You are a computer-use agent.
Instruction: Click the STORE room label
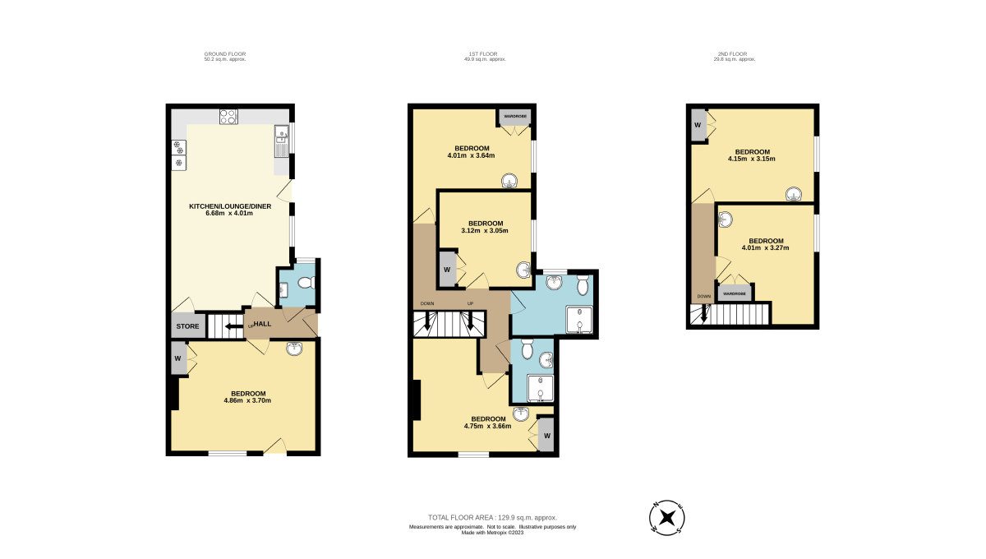(x=187, y=326)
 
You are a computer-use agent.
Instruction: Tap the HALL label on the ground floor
(x=262, y=324)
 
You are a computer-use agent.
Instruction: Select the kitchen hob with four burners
(x=228, y=117)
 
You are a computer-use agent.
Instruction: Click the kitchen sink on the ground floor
(x=281, y=141)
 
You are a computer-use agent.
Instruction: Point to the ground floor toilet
(x=306, y=282)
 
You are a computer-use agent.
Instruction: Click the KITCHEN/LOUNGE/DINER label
(x=230, y=206)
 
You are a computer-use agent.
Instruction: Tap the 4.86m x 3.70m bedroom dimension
(x=247, y=401)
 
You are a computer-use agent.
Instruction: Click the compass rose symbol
(x=667, y=518)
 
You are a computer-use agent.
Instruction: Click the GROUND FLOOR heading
(x=225, y=53)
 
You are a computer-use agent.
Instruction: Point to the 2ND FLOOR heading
(x=732, y=53)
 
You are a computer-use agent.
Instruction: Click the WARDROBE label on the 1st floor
(x=515, y=116)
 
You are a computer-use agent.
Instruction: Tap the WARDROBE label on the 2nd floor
(x=735, y=293)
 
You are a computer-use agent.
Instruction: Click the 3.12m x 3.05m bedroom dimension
(x=485, y=230)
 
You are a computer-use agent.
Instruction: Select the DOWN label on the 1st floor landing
(x=427, y=303)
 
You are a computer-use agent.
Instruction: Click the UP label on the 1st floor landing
(x=470, y=303)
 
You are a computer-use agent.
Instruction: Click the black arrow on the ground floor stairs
(x=234, y=326)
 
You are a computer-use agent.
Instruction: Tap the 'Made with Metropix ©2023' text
(x=492, y=533)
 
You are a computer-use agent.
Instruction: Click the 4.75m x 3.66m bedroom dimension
(x=488, y=426)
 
